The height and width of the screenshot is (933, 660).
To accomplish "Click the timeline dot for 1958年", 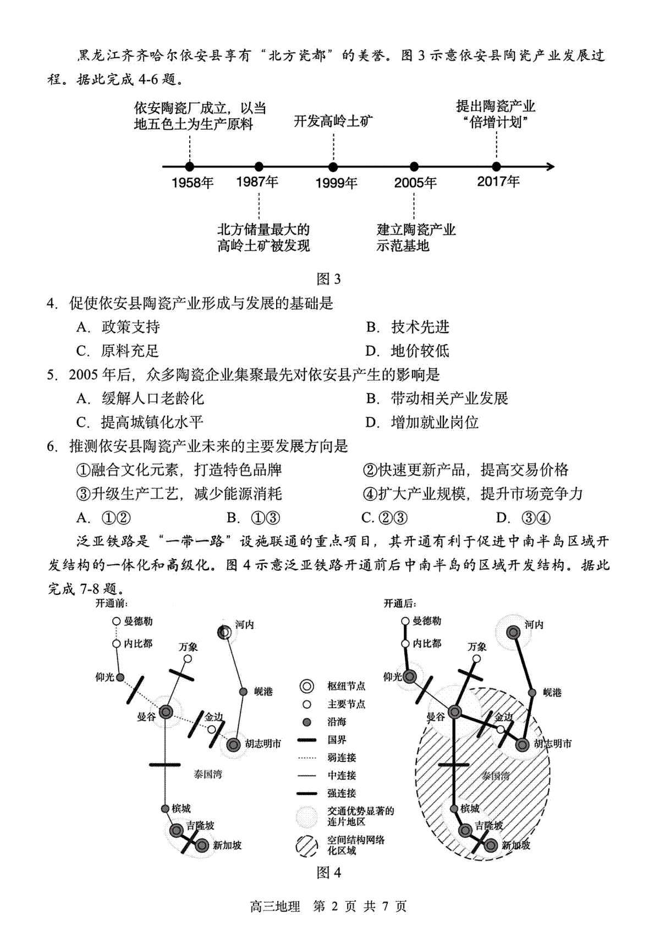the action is [x=190, y=167].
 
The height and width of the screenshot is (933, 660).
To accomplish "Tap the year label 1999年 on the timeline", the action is [x=336, y=183].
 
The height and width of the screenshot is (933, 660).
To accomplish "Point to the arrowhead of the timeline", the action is [x=551, y=167].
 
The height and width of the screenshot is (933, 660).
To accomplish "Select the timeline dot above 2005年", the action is [x=414, y=167].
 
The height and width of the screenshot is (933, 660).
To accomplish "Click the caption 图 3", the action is [x=329, y=279].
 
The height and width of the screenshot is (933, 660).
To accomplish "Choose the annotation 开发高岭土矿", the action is [x=333, y=121].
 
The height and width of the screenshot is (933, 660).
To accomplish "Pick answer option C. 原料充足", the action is [x=117, y=351].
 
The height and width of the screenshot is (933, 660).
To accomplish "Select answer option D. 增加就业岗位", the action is [x=422, y=422].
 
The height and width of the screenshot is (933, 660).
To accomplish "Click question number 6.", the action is [x=52, y=446].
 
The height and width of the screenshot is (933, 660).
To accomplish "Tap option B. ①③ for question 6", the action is [x=253, y=518].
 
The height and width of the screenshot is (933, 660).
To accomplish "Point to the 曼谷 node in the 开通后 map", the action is [x=454, y=711].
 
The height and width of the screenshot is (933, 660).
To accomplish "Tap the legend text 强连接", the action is [x=342, y=793].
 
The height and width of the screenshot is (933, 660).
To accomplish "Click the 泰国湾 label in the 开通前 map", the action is [x=207, y=774].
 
